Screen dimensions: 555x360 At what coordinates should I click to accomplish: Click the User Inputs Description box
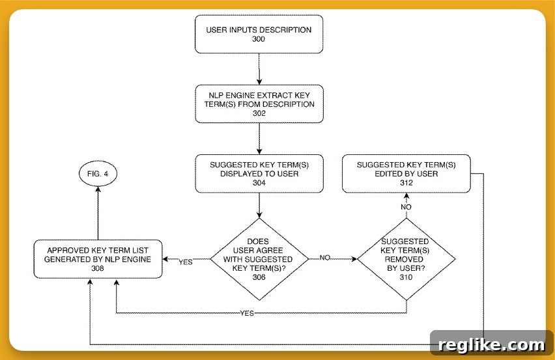(x=259, y=35)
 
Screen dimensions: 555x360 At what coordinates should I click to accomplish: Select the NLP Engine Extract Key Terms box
(x=259, y=104)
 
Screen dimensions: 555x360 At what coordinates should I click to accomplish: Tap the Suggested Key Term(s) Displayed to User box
(x=259, y=174)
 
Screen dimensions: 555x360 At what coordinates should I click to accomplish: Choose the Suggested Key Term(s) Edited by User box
(x=406, y=174)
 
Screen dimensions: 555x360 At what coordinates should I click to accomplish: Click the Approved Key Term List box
(x=98, y=259)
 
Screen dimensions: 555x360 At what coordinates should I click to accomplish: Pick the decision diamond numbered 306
(x=259, y=259)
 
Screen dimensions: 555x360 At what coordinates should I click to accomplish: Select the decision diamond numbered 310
(x=406, y=259)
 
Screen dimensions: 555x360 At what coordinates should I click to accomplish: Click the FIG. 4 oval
(x=98, y=174)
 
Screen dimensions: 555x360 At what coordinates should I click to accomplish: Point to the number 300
(x=259, y=39)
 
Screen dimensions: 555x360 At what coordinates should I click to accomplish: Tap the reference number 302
(x=259, y=113)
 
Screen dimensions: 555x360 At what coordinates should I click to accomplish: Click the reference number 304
(x=259, y=183)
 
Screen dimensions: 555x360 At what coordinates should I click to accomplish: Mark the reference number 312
(x=406, y=183)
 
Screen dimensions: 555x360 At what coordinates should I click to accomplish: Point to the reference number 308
(x=98, y=268)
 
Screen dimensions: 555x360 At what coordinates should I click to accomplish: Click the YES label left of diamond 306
(x=186, y=262)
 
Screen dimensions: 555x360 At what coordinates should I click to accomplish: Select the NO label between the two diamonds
(x=325, y=258)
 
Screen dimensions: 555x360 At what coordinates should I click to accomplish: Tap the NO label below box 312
(x=406, y=207)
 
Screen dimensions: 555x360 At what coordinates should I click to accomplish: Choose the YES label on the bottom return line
(x=247, y=313)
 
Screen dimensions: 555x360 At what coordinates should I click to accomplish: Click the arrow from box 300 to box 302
(x=259, y=69)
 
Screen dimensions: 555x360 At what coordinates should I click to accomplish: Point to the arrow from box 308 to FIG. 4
(x=98, y=213)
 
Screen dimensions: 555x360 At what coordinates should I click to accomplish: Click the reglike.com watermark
(x=492, y=344)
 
